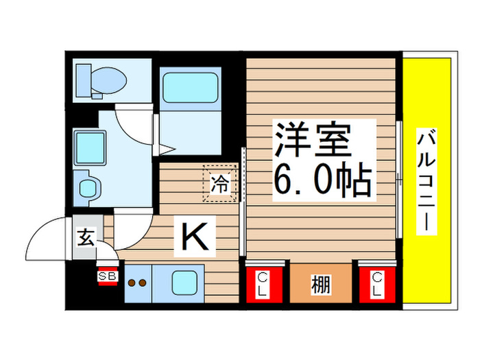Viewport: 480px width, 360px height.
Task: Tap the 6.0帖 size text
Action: [x=322, y=180]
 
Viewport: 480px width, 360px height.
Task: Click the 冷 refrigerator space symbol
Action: [x=219, y=183]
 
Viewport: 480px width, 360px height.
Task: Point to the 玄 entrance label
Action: [x=86, y=238]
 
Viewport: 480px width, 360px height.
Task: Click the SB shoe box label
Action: [x=108, y=276]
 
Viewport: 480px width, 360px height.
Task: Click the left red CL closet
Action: [x=263, y=283]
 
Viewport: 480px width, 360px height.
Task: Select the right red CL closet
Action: [x=376, y=283]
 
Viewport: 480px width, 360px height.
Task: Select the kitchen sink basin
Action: [x=184, y=282]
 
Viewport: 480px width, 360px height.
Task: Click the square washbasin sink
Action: [x=88, y=146]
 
